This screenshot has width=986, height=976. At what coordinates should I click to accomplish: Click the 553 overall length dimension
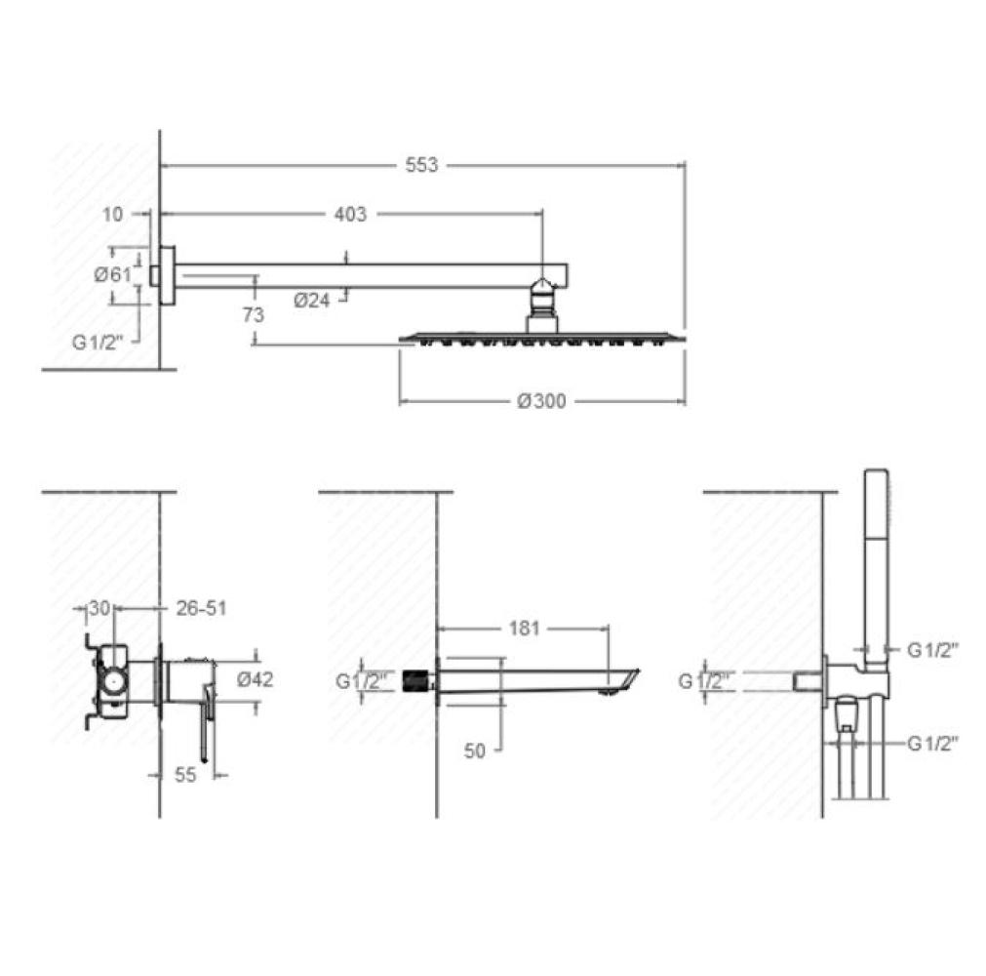click(x=421, y=166)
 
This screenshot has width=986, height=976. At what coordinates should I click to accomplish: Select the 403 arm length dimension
click(x=350, y=214)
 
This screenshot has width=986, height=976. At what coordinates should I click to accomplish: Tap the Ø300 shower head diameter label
click(x=541, y=401)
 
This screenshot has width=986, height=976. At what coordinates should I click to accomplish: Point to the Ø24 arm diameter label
click(x=312, y=301)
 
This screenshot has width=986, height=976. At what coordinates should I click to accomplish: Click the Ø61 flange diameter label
click(x=113, y=274)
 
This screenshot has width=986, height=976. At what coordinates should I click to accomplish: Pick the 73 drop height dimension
click(x=254, y=314)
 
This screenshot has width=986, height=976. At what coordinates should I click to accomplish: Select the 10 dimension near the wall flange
click(x=112, y=215)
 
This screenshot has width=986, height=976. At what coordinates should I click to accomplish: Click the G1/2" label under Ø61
click(x=98, y=343)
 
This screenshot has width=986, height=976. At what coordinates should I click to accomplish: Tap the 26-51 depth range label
click(x=201, y=608)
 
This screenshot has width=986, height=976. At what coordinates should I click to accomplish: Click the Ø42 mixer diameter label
click(x=256, y=679)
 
